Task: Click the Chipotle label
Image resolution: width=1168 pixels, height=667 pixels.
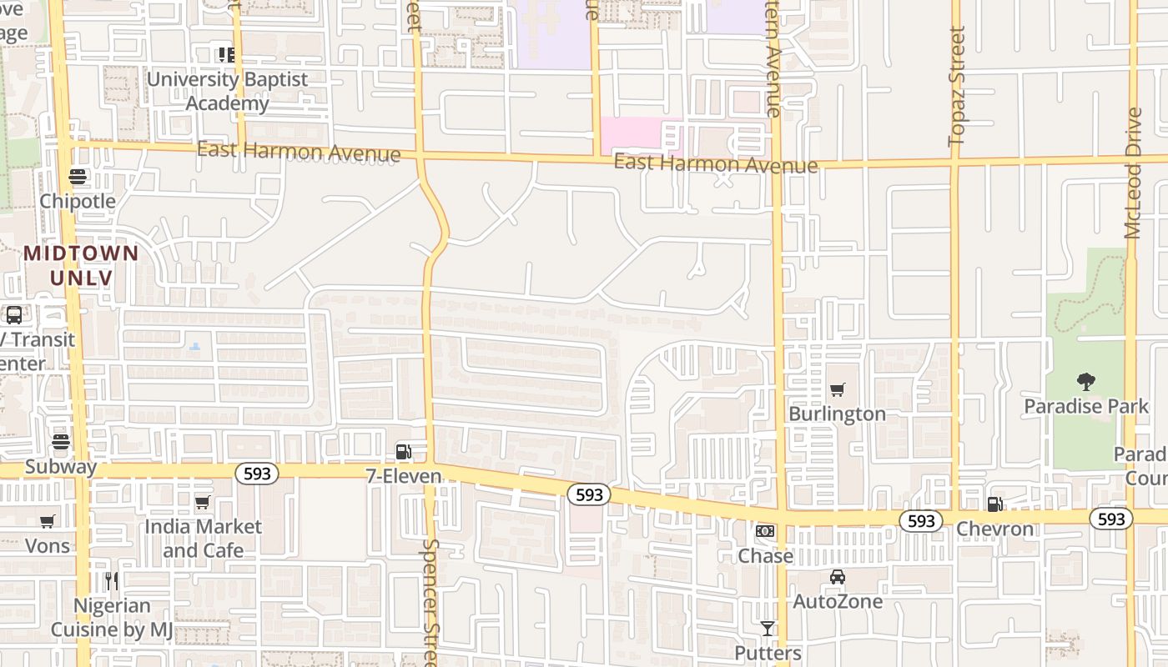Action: click(78, 201)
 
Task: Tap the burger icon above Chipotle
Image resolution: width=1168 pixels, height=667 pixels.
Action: click(78, 177)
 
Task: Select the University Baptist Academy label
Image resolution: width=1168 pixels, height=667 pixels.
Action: click(227, 91)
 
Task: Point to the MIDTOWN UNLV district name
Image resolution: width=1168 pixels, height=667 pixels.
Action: click(81, 265)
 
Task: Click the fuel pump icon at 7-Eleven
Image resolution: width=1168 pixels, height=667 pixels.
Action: click(403, 452)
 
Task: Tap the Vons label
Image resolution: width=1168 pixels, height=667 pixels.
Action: click(48, 546)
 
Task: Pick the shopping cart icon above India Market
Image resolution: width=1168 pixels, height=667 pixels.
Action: click(202, 503)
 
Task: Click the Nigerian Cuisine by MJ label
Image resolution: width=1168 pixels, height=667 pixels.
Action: click(112, 618)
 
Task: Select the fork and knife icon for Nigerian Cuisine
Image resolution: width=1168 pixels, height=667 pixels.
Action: click(112, 581)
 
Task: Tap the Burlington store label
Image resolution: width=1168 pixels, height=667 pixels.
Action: click(837, 414)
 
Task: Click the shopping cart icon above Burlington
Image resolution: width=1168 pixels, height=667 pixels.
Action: click(838, 389)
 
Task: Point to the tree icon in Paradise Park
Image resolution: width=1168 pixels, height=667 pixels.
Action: click(1085, 382)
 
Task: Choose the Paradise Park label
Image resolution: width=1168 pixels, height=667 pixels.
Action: click(1086, 406)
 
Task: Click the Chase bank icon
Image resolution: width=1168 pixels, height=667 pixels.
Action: click(764, 531)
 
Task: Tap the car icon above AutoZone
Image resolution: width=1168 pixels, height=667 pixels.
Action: click(837, 577)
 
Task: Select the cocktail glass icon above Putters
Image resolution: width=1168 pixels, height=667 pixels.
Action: click(768, 629)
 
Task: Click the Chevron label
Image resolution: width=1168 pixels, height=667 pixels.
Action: click(994, 529)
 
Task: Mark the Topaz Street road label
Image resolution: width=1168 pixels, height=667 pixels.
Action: click(957, 86)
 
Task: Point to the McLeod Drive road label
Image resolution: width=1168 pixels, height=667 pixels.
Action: click(1132, 173)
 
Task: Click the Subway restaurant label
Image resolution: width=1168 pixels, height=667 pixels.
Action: click(60, 466)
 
